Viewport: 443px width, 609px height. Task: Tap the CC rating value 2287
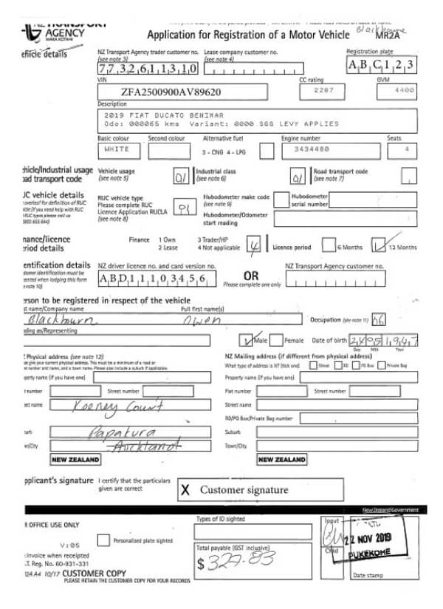point(314,89)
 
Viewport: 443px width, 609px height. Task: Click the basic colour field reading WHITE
point(117,149)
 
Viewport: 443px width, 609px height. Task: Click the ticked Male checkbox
point(248,341)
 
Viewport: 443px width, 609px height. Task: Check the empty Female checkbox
point(275,341)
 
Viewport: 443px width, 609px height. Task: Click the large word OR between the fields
point(252,274)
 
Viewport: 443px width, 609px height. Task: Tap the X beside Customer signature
point(185,489)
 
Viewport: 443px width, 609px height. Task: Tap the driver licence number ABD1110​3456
point(148,279)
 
